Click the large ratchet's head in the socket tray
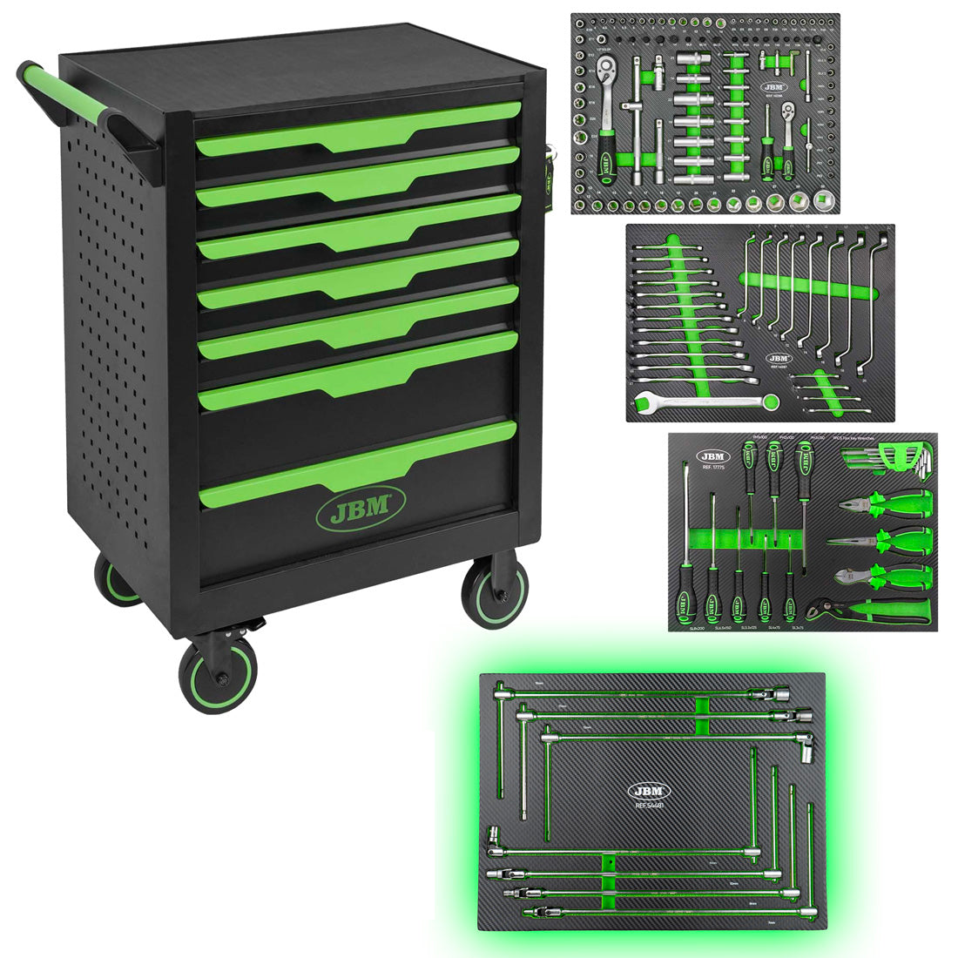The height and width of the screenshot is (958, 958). (x=605, y=85)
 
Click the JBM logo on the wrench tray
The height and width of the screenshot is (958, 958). (x=780, y=358)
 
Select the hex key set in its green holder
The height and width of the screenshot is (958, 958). (x=906, y=457)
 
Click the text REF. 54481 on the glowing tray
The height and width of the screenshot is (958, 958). (x=650, y=806)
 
